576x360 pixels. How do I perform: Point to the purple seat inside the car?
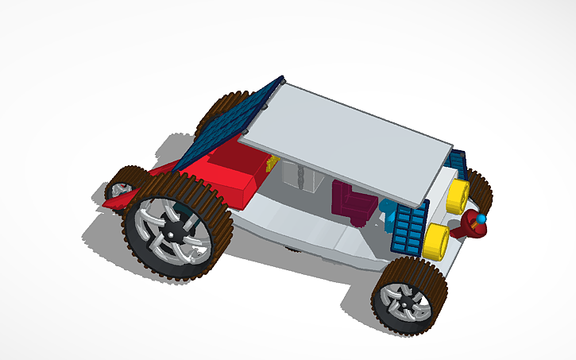(350, 203)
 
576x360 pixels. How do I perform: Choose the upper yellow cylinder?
(459, 194)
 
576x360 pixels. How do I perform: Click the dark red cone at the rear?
(470, 230)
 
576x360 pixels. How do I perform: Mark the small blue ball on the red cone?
(481, 218)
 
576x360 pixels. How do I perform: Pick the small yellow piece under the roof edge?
(273, 163)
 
